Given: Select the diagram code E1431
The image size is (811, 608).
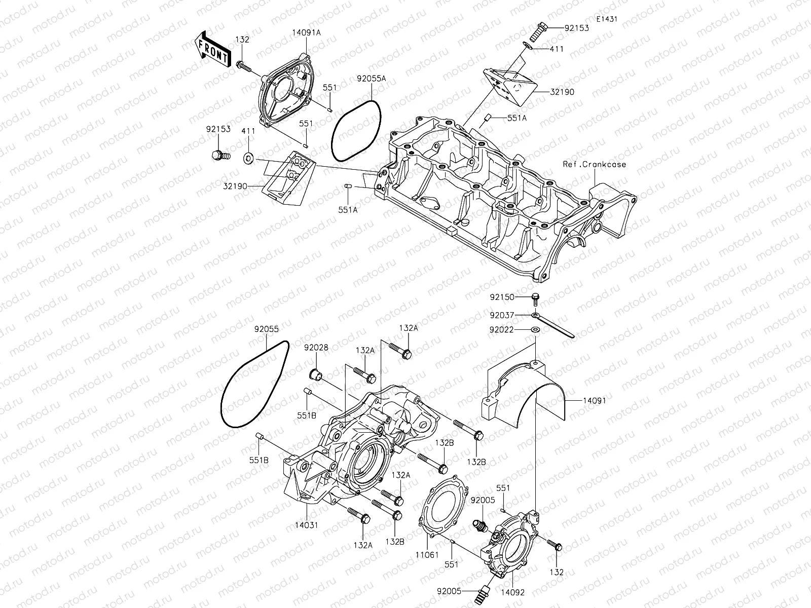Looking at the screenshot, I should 607,19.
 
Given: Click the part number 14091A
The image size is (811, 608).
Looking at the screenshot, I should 306,32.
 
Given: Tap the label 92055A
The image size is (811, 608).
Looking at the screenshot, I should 371,79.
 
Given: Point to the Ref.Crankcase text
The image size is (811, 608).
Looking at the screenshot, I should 595,164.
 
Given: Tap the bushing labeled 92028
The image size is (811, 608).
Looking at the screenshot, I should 317,375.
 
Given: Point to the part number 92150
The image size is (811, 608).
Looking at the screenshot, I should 502,296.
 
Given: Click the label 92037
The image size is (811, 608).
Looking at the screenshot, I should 502,315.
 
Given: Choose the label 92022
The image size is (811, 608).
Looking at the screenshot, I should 502,330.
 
